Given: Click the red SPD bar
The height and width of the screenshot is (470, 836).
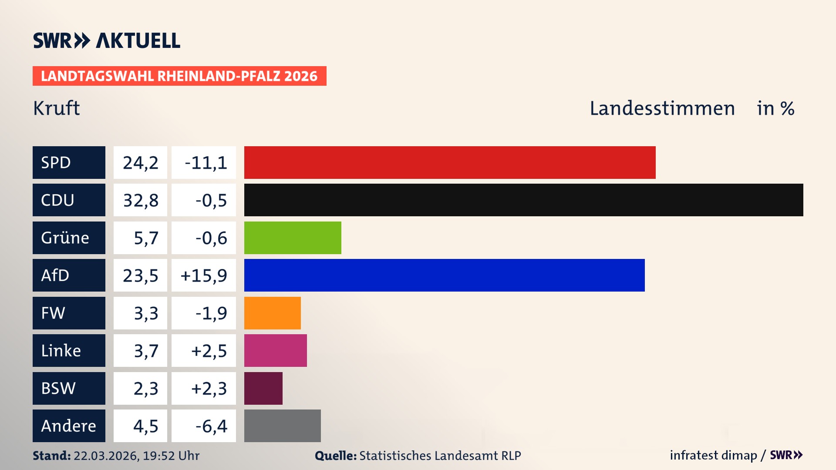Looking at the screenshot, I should pyautogui.click(x=450, y=162).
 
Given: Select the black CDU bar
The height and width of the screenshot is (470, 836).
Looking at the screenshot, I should pyautogui.click(x=523, y=200).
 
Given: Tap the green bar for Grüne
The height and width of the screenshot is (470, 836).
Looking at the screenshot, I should pyautogui.click(x=293, y=238).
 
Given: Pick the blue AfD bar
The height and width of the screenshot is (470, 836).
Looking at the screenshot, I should pyautogui.click(x=444, y=275).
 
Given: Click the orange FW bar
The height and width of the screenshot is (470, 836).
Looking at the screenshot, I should pyautogui.click(x=272, y=313).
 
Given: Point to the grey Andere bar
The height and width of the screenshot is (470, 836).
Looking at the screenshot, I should pyautogui.click(x=282, y=426).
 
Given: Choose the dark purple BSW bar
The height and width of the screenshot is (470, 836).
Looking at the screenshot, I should pyautogui.click(x=263, y=388).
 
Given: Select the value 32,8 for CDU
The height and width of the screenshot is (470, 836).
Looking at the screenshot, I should pyautogui.click(x=140, y=200).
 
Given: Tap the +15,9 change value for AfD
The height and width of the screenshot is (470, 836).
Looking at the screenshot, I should pyautogui.click(x=204, y=275).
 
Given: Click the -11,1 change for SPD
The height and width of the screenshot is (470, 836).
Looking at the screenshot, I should pyautogui.click(x=206, y=163).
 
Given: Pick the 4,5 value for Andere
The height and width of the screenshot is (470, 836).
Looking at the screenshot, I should pyautogui.click(x=145, y=426).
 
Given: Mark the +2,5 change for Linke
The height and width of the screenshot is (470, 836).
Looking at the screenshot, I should pyautogui.click(x=209, y=351).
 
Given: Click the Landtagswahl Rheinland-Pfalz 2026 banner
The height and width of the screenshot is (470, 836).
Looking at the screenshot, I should pyautogui.click(x=179, y=76).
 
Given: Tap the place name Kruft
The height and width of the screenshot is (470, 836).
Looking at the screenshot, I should pyautogui.click(x=57, y=108).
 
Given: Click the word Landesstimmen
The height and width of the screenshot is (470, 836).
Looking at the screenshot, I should pyautogui.click(x=662, y=108).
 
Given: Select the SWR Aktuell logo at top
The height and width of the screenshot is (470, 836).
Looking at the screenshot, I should pyautogui.click(x=107, y=40).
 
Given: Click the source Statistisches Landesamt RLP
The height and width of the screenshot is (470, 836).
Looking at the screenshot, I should pyautogui.click(x=440, y=456).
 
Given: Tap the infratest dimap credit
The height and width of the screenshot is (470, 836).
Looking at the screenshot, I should pyautogui.click(x=713, y=455).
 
